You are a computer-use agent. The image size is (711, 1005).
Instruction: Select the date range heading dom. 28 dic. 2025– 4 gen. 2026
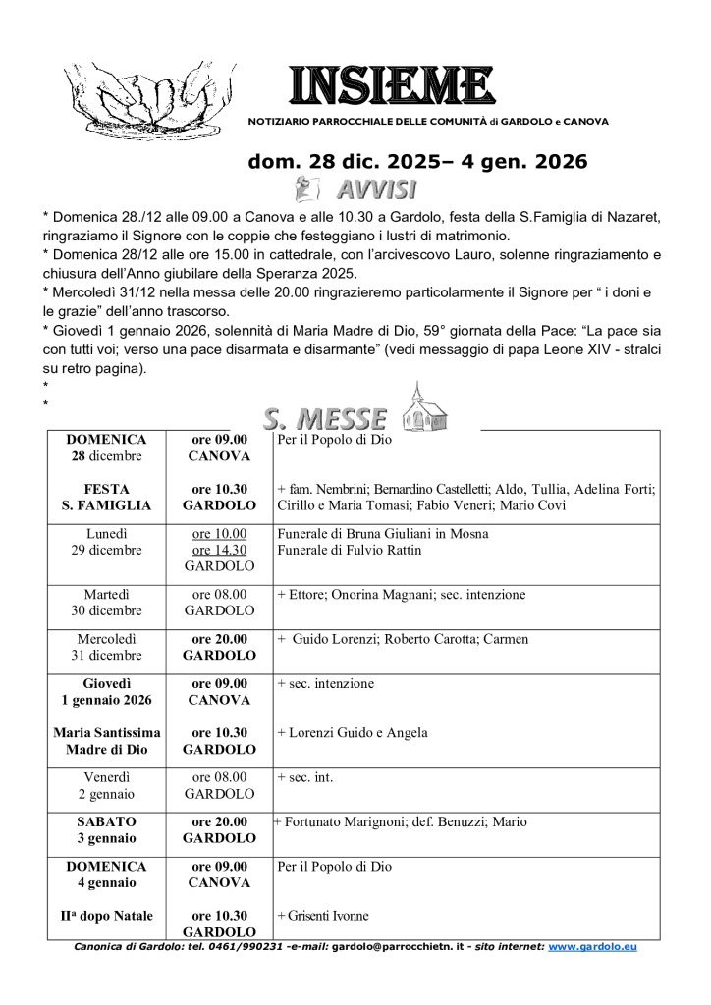[x=417, y=161]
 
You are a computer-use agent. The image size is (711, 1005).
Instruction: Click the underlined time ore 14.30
[x=219, y=550]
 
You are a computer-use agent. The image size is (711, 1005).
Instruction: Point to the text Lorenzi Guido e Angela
[x=353, y=732]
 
